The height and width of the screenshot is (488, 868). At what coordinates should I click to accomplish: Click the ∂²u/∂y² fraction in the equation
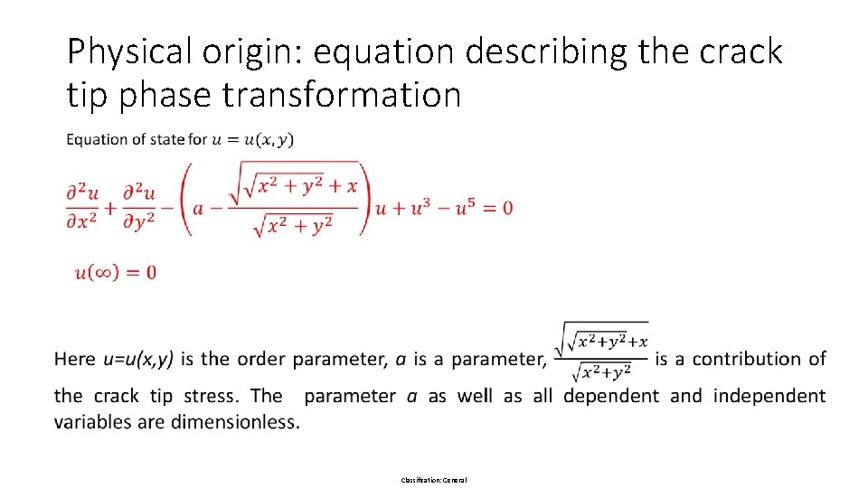[x=139, y=208]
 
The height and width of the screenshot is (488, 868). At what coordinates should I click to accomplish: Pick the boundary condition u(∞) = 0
[x=116, y=272]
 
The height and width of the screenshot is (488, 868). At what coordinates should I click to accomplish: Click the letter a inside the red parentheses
[x=200, y=208]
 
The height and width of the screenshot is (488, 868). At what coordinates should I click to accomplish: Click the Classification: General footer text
[x=434, y=479]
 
